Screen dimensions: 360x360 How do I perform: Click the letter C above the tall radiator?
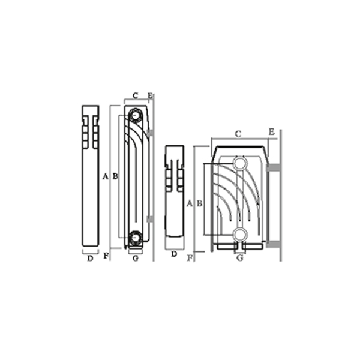pos(136,95)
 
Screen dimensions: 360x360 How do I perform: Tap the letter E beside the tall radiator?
pos(150,95)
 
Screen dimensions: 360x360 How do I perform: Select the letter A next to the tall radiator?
pos(105,176)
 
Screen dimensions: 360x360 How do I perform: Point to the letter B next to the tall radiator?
pos(115,176)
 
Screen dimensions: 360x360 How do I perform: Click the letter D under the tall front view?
pos(90,258)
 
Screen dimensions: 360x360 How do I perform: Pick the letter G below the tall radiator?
pos(136,258)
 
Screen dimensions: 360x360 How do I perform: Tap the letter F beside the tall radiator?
pos(106,256)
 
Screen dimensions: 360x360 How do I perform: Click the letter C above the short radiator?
pos(239,134)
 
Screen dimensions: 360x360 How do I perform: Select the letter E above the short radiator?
pos(272,132)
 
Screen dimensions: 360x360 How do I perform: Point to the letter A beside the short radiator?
pos(189,203)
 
